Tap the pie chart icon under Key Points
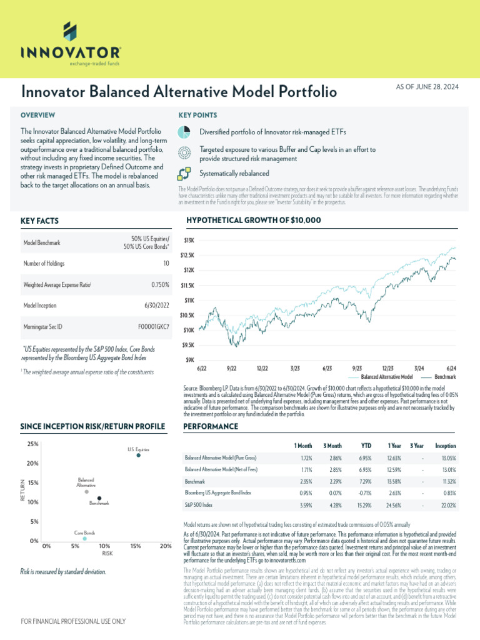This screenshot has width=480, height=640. pos(184,132)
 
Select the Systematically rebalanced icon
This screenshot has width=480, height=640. pos(184,173)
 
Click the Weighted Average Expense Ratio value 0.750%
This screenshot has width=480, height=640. pos(159,285)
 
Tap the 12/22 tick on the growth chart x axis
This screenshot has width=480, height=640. pos(262,369)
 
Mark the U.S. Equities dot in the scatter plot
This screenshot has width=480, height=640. pos(138,455)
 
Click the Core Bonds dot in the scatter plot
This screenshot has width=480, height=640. pos(85,538)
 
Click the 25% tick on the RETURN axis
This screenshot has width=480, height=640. pos(33,444)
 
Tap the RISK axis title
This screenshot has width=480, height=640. pos(107,554)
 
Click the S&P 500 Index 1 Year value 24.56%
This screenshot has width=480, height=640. pos(394,505)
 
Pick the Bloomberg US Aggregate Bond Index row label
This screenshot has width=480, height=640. pos(217,493)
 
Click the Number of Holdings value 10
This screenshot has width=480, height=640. pos(166,264)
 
